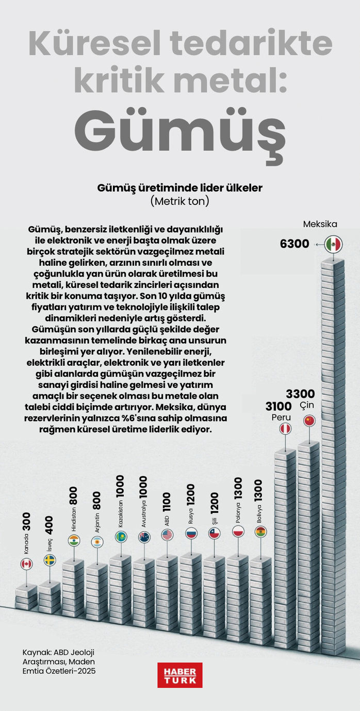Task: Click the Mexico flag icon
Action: pyautogui.click(x=334, y=244)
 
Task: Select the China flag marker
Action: pyautogui.click(x=309, y=421)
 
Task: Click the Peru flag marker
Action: pyautogui.click(x=285, y=429)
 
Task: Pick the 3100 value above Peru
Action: pyautogui.click(x=279, y=406)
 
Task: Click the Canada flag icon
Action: pyautogui.click(x=26, y=564)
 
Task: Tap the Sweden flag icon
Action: pyautogui.click(x=50, y=560)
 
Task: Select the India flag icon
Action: pyautogui.click(x=74, y=540)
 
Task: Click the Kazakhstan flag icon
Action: pyautogui.click(x=121, y=537)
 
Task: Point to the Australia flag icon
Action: pyautogui.click(x=144, y=537)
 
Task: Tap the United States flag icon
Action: pyautogui.click(x=167, y=535)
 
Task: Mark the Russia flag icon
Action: pyautogui.click(x=191, y=534)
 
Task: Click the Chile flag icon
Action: pyautogui.click(x=215, y=534)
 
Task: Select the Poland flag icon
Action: pyautogui.click(x=238, y=531)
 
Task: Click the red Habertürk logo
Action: pyautogui.click(x=180, y=675)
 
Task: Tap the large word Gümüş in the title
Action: pyautogui.click(x=179, y=128)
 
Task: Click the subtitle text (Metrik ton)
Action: pyautogui.click(x=179, y=201)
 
